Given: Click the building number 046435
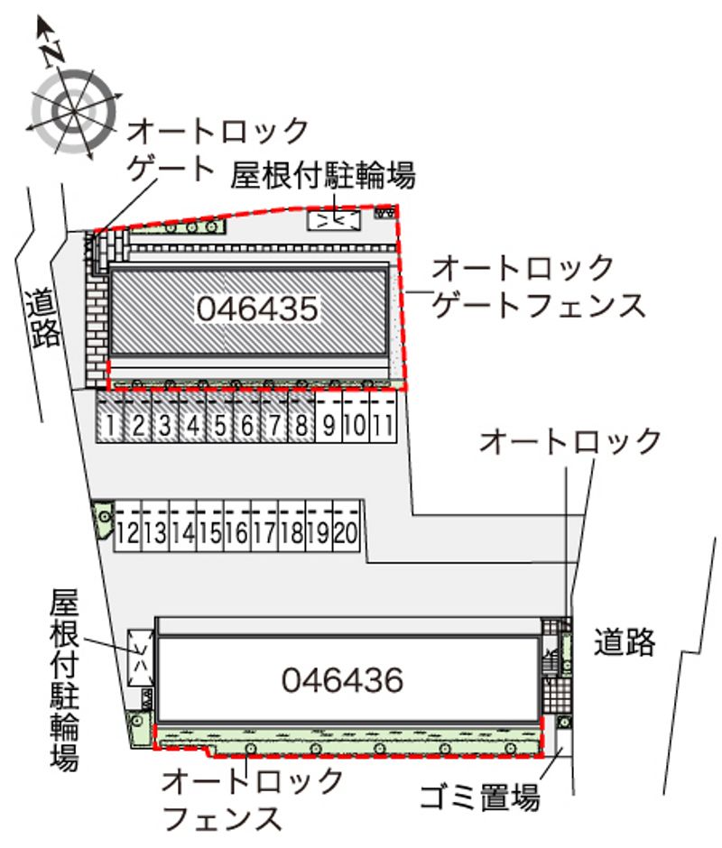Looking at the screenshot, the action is pos(257,309).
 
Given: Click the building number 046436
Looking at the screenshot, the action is pos(343,680).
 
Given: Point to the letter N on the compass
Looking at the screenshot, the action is pos(53,52).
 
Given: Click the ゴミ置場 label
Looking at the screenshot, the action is pos(479,796).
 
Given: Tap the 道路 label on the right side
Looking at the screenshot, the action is pos(625,642).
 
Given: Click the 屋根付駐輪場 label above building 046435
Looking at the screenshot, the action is pos(323,175).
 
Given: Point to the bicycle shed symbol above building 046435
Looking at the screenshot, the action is pos(334,220).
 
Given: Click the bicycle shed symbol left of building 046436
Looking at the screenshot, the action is pos(140,658).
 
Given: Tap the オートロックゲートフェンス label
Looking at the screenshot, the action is pos(539,287).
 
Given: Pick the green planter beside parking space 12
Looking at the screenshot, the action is pos(103,518).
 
